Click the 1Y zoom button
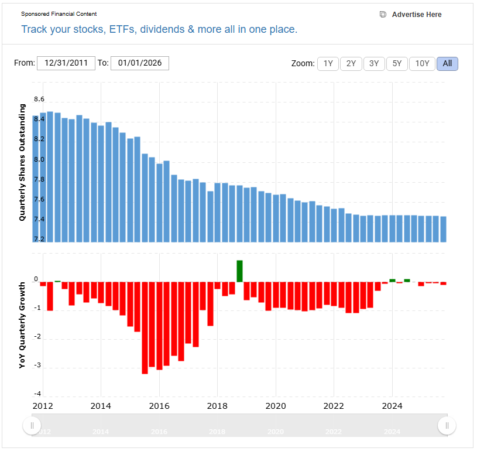[x=328, y=63]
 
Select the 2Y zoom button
[x=351, y=63]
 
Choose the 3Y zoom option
[x=374, y=63]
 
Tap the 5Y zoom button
[x=397, y=63]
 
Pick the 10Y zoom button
[x=422, y=63]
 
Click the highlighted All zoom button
[x=447, y=63]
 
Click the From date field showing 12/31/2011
[x=66, y=63]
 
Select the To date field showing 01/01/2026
[x=140, y=63]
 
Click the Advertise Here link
[x=416, y=15]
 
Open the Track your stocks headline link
[x=159, y=29]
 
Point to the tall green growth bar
[x=239, y=271]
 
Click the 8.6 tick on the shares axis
[x=39, y=100]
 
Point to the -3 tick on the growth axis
[x=37, y=366]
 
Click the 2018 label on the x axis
[x=217, y=405]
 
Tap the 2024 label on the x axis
[x=392, y=405]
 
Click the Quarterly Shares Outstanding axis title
[x=22, y=162]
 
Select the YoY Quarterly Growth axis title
[x=22, y=325]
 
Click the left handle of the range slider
[x=32, y=425]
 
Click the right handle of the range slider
[x=447, y=425]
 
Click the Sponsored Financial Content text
[x=59, y=14]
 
